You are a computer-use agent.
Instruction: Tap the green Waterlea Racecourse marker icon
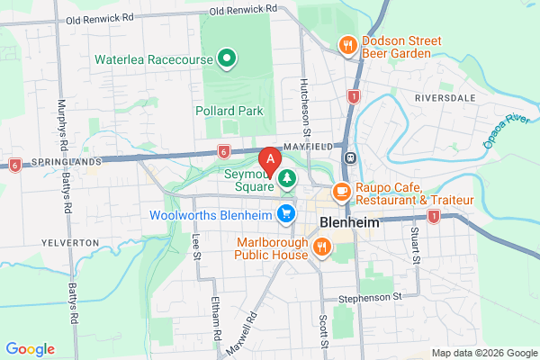pos(227,60)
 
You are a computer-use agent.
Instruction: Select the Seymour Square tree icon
pos(287,179)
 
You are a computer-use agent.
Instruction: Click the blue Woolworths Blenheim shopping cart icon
pos(287,213)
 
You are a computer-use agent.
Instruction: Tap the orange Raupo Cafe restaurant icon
pos(341,191)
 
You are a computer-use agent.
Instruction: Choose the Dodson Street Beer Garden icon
pos(346,44)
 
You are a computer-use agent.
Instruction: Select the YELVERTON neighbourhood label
pos(69,243)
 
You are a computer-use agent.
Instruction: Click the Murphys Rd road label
pos(62,121)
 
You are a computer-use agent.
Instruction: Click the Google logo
pos(30,349)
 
